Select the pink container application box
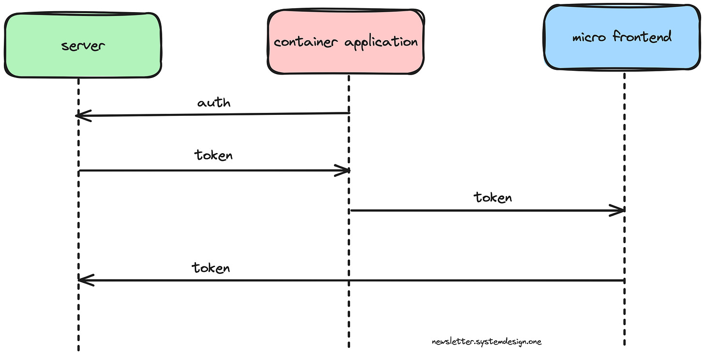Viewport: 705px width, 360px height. click(x=346, y=42)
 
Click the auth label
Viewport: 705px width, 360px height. click(x=214, y=103)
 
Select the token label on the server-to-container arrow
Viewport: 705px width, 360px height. click(x=214, y=155)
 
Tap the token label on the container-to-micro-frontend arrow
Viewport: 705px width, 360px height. click(x=492, y=197)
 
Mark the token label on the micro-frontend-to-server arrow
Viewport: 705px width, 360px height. click(x=211, y=267)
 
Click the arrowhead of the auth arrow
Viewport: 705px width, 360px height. click(x=82, y=116)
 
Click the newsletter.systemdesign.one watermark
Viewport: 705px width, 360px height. click(x=487, y=342)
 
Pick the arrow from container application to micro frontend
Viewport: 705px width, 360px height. click(x=484, y=210)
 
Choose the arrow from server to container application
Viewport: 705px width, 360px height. click(x=213, y=170)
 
